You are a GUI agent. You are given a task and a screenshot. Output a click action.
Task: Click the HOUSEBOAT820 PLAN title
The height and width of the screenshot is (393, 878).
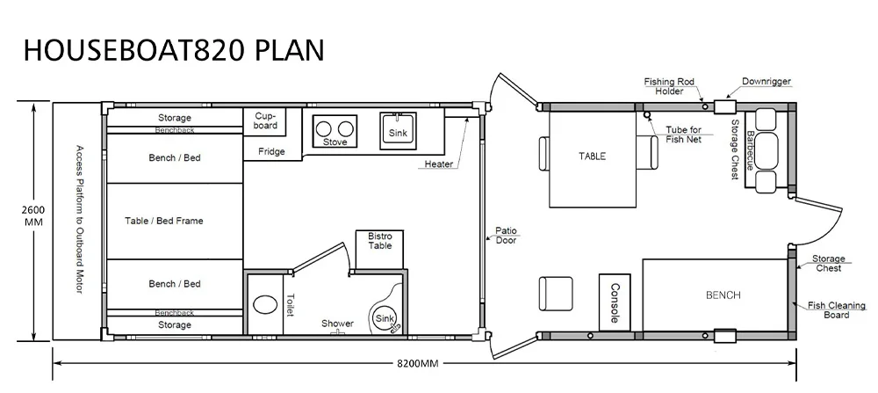click(174, 50)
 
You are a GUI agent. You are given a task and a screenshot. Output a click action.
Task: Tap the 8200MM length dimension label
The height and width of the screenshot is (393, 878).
click(418, 363)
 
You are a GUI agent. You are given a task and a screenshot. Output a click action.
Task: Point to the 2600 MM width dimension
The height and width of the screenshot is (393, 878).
click(33, 215)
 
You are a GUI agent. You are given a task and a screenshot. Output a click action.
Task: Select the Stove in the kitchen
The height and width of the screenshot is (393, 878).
click(335, 132)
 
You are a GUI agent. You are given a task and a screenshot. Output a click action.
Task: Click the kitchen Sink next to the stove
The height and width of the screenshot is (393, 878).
click(398, 131)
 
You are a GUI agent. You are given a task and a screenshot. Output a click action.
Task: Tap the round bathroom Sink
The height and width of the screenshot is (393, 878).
click(385, 319)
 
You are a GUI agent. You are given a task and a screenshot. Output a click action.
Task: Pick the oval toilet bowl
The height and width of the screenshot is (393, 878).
click(265, 306)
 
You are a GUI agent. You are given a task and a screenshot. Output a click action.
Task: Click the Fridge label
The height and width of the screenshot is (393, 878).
click(271, 151)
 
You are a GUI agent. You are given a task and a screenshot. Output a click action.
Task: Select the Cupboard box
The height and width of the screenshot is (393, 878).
click(265, 121)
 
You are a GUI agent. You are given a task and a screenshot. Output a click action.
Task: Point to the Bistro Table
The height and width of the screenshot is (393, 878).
click(379, 249)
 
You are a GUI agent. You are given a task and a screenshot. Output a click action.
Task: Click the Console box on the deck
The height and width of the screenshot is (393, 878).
click(615, 302)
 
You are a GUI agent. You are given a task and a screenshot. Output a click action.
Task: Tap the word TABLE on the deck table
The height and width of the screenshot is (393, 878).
click(593, 156)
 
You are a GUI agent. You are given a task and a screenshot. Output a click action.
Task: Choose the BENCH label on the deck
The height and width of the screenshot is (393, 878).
click(723, 295)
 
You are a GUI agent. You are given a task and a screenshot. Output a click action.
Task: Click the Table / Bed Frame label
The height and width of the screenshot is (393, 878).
click(164, 221)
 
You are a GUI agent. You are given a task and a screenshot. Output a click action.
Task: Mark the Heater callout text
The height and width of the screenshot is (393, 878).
click(439, 164)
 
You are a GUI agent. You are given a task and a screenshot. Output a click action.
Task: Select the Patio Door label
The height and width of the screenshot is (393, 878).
click(507, 236)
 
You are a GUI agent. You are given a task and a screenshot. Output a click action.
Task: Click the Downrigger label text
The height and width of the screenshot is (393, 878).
click(766, 81)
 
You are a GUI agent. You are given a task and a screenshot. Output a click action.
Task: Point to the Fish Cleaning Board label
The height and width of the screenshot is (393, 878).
click(837, 310)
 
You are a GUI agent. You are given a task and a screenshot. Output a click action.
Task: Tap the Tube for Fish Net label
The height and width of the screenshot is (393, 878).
click(684, 135)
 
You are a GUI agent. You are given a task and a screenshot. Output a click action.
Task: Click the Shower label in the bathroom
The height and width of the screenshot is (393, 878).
click(338, 324)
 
